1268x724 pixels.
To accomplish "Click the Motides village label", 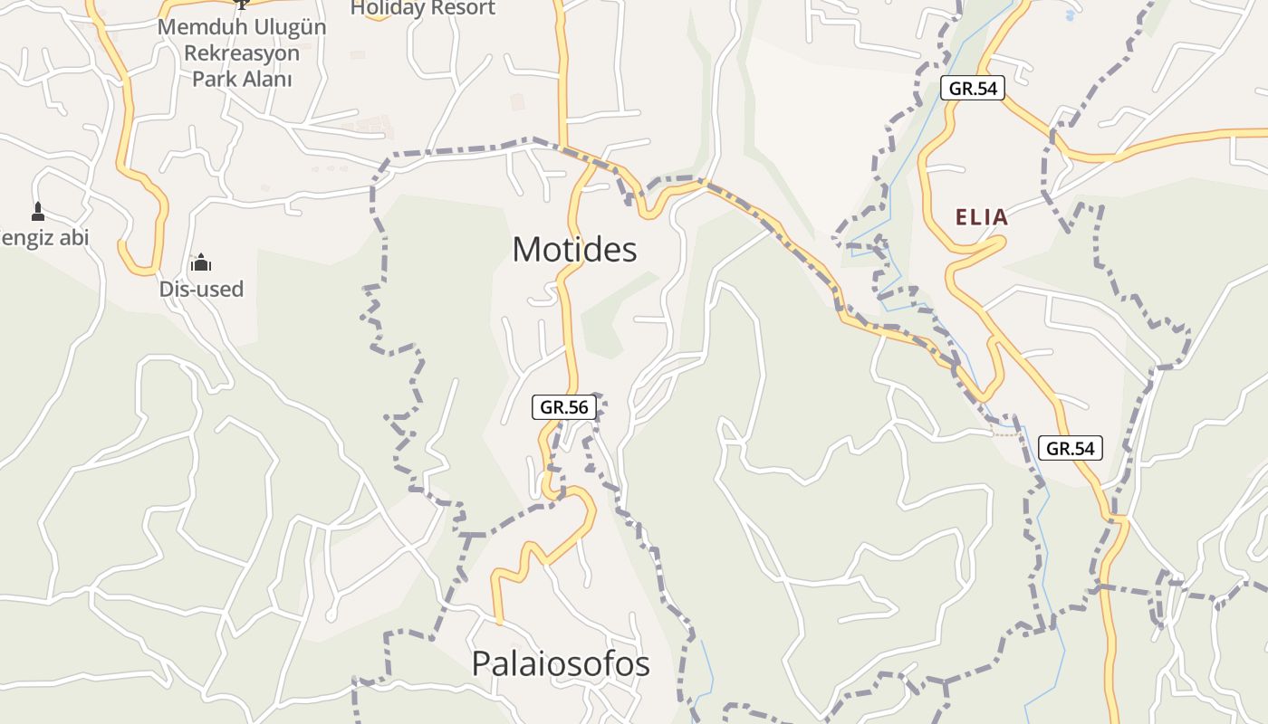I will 574,250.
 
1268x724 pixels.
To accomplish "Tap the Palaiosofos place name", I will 561,664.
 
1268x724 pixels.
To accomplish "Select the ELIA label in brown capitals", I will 982,217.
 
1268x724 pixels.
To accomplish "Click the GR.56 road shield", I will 564,407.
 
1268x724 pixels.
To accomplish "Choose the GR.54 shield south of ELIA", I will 1071,447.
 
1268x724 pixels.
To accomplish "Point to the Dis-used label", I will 201,290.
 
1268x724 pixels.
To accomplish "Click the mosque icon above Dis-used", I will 201,263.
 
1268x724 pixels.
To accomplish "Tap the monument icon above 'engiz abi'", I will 37,212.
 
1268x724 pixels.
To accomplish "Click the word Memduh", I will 197,27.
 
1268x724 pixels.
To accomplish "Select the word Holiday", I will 387,8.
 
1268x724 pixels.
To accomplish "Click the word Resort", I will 462,8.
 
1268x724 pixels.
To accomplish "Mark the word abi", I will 74,237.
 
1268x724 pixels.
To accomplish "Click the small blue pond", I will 1071,14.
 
